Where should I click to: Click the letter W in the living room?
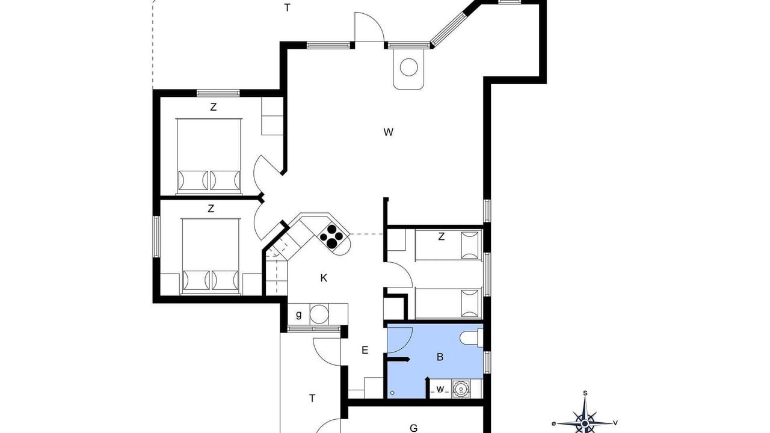click(389, 132)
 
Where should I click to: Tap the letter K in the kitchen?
click(324, 278)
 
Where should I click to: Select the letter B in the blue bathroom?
click(440, 357)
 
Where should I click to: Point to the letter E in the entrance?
click(365, 350)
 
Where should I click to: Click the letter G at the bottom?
click(413, 428)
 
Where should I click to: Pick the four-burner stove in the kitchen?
click(331, 236)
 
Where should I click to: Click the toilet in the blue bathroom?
click(471, 337)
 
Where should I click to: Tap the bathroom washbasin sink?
click(460, 388)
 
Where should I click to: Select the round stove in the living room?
click(408, 67)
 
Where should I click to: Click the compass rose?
click(585, 423)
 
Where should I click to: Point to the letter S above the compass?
click(585, 393)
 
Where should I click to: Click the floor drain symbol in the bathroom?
click(392, 393)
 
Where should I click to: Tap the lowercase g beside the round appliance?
click(299, 315)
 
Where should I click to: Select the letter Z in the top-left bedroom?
click(213, 107)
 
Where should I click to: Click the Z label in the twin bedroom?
click(442, 236)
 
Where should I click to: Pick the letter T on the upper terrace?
click(288, 8)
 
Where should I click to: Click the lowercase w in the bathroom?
click(440, 389)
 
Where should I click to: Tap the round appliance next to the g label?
click(319, 314)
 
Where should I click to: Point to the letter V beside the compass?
click(615, 423)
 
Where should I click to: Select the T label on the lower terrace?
click(312, 398)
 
